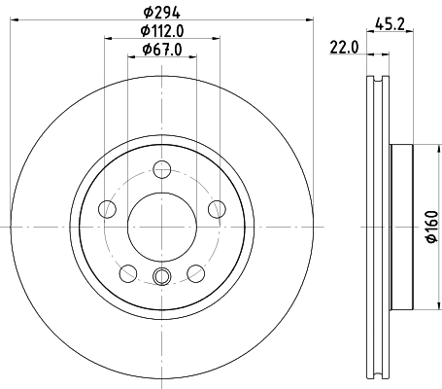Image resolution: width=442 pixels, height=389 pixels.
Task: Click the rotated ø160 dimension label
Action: [428, 230]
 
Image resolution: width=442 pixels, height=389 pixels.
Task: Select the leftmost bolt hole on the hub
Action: [109, 210]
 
